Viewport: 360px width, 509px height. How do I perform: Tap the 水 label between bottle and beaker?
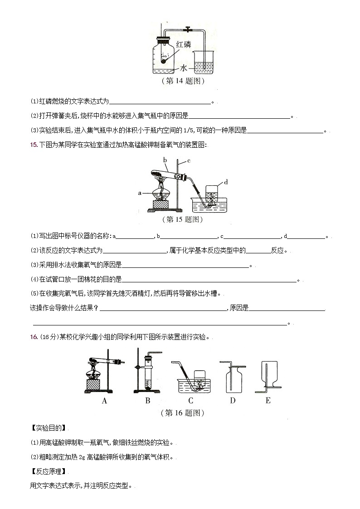[184, 68]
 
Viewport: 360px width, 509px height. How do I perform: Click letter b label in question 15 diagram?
[165, 160]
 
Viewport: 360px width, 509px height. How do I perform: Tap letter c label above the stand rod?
[188, 161]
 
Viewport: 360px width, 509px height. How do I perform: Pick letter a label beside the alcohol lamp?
[141, 193]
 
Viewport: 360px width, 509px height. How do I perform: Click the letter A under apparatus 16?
[104, 401]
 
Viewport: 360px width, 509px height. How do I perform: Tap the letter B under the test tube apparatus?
[147, 401]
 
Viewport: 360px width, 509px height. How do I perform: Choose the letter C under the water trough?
[190, 401]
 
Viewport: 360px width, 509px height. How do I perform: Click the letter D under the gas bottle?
[233, 401]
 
